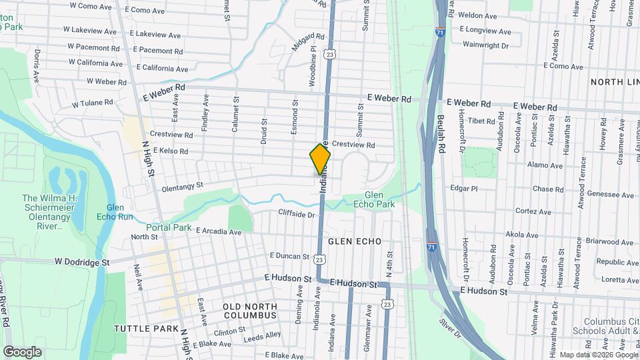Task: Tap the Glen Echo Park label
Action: (375, 199)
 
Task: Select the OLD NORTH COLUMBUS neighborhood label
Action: (240, 310)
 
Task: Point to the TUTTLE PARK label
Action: (146, 329)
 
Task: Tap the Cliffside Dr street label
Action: (297, 215)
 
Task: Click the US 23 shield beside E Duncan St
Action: (320, 259)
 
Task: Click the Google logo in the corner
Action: (22, 352)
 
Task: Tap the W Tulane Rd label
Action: (93, 103)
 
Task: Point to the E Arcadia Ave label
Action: (218, 232)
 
